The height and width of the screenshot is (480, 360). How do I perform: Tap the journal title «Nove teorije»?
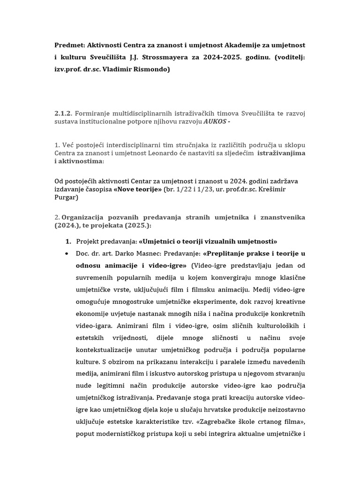coord(137,188)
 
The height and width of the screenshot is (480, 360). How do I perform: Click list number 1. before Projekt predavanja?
coord(68,241)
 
